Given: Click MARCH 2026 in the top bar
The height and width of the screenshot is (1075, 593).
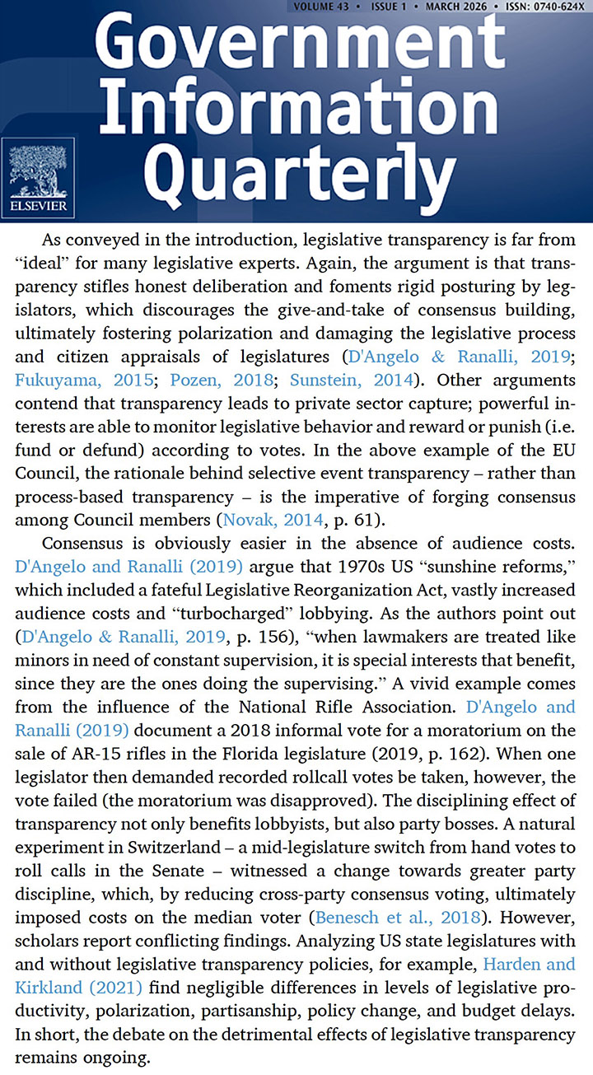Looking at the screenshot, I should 460,7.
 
